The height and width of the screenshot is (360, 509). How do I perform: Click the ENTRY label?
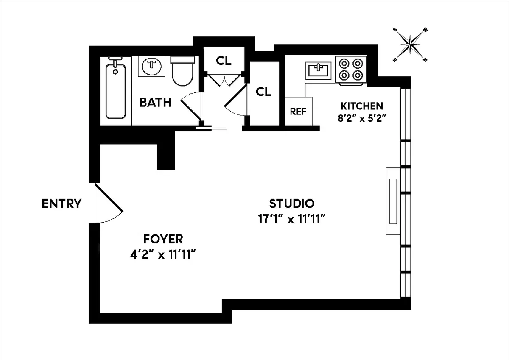tap(62, 204)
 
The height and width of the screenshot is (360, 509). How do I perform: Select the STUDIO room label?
tap(292, 204)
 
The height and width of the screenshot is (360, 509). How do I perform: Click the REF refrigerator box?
tap(298, 111)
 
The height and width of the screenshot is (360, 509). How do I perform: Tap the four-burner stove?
tap(350, 70)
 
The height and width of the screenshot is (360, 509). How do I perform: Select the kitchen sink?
tap(318, 70)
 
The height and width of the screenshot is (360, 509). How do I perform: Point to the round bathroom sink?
tap(152, 66)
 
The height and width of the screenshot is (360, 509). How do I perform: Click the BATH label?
tap(156, 102)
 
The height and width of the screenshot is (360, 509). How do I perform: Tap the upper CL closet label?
tap(224, 61)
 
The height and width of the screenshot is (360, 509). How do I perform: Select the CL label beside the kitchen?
tap(263, 92)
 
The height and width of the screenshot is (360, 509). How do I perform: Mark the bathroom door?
tap(191, 106)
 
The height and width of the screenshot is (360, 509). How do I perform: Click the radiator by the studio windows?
tap(393, 201)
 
